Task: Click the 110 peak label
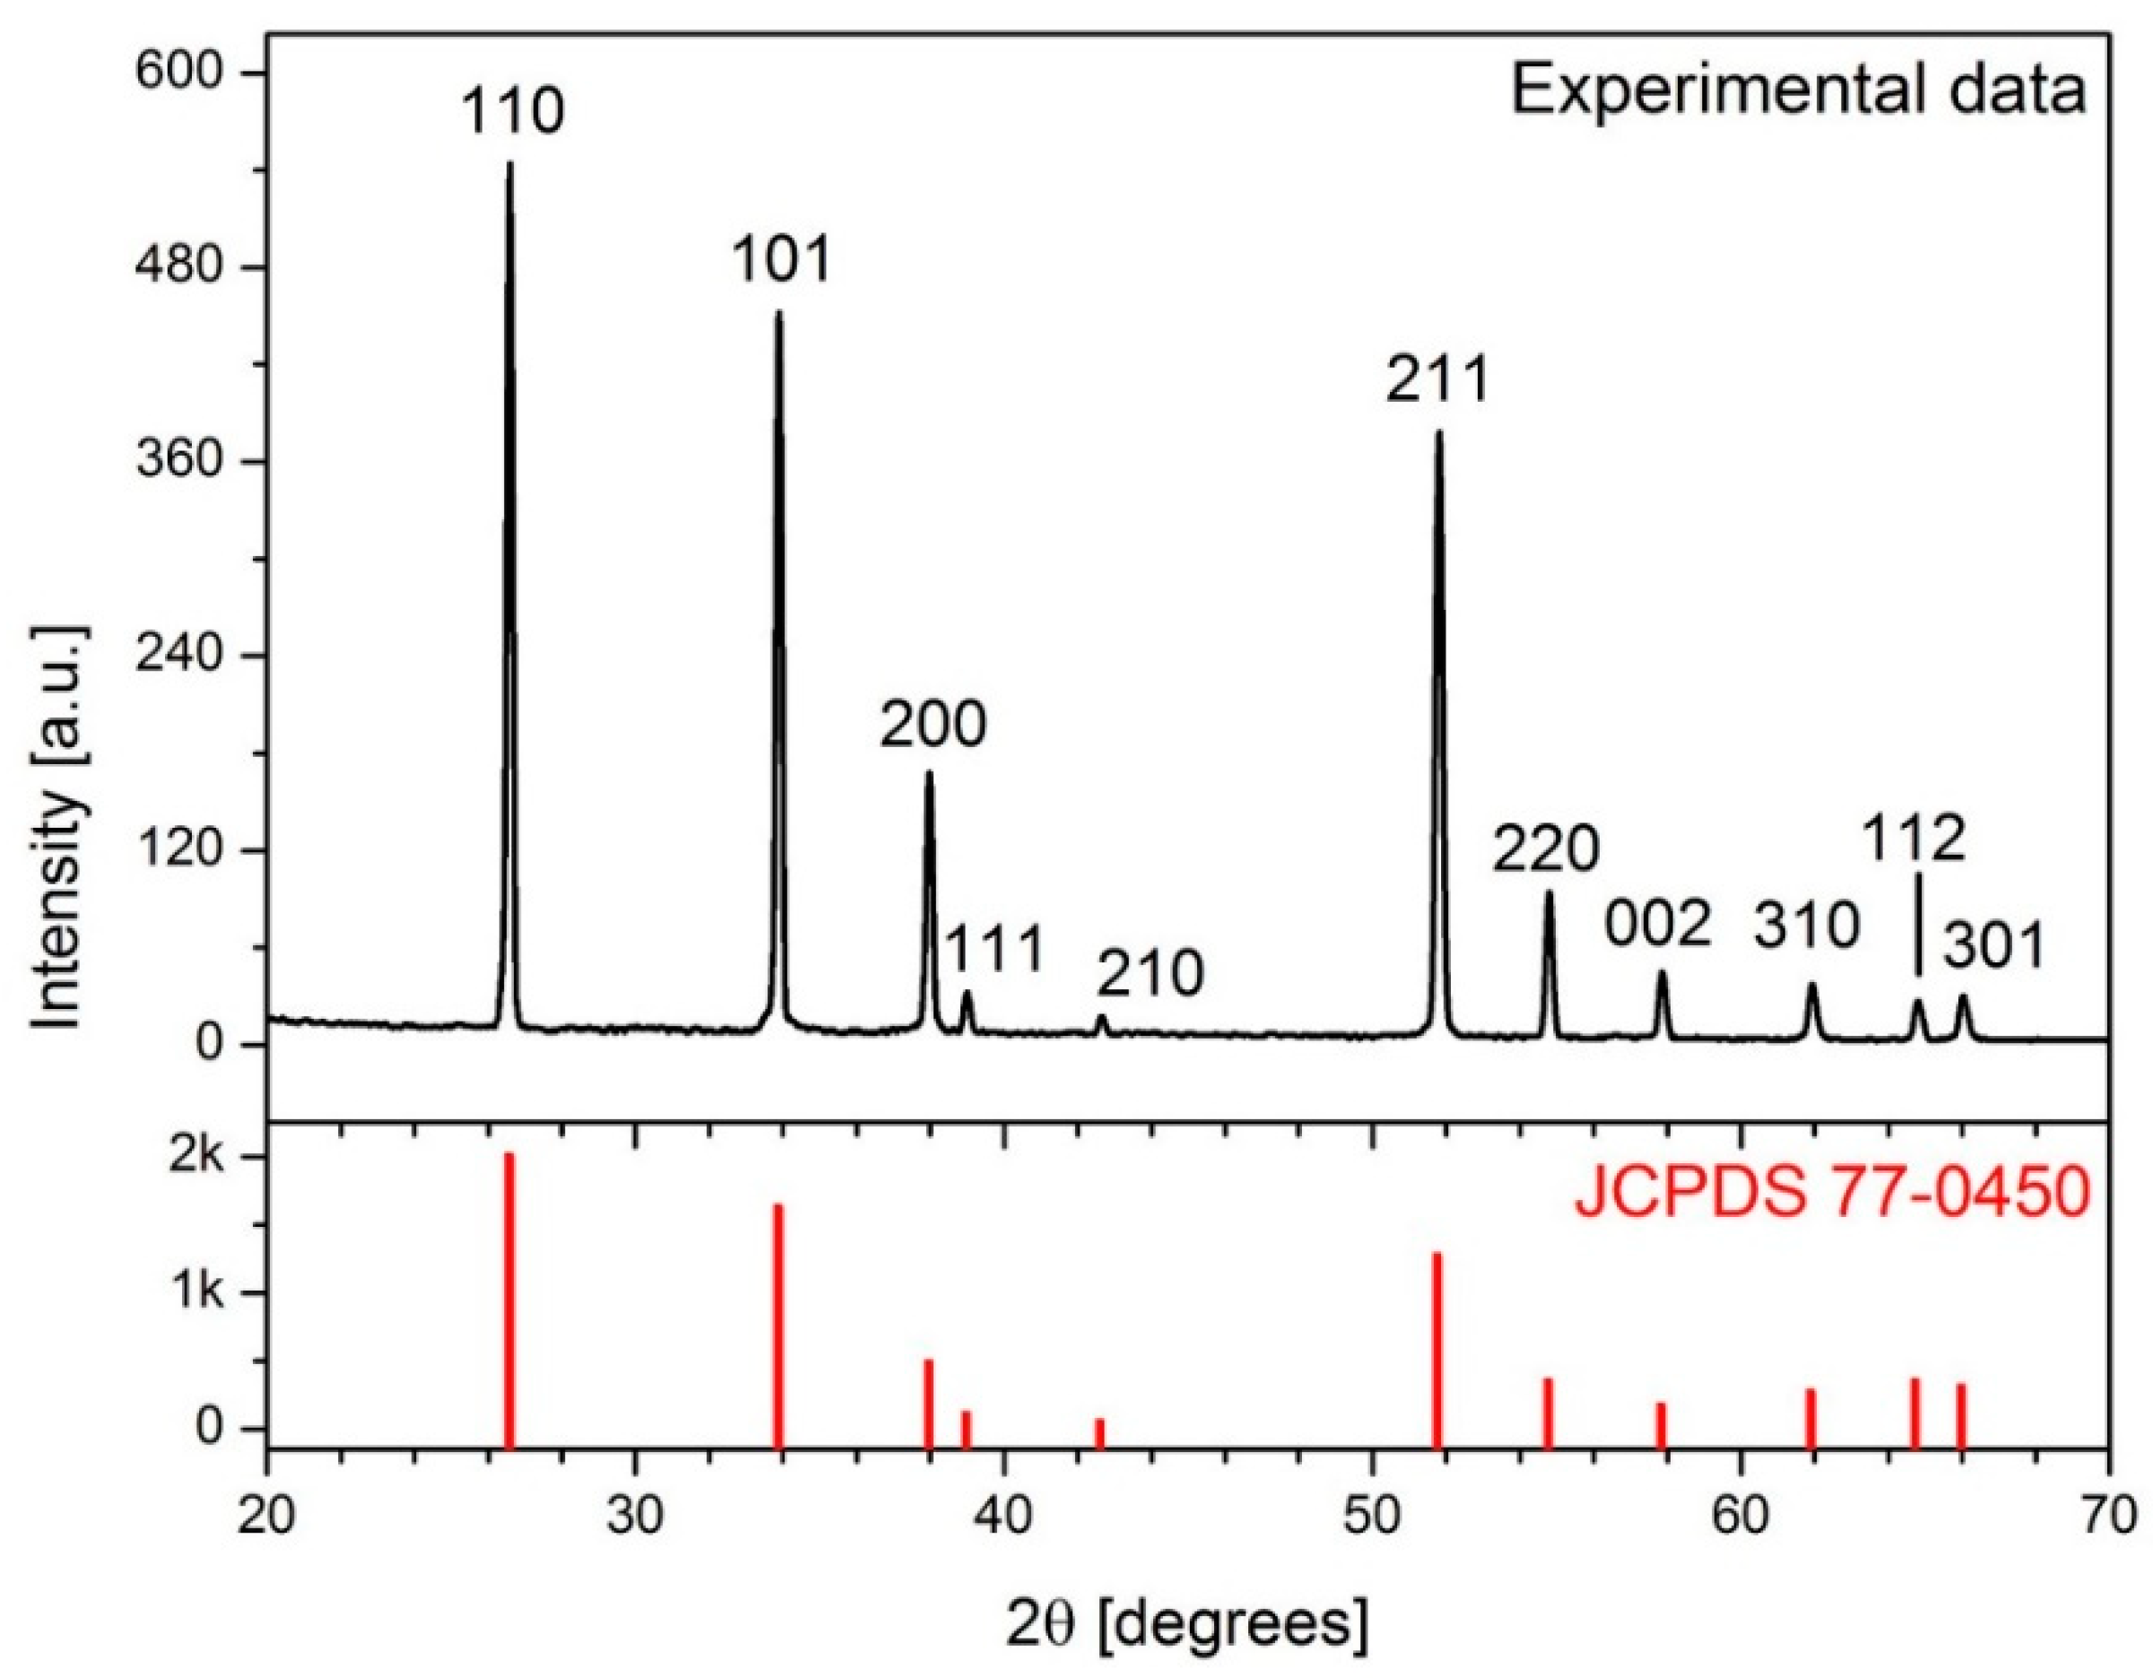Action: click(512, 112)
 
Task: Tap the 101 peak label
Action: click(782, 260)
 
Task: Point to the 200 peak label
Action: click(933, 726)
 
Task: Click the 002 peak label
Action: click(1657, 926)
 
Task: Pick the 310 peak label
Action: click(1806, 926)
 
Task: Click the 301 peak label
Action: click(1994, 947)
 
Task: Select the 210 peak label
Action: click(1150, 974)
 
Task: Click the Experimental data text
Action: click(1799, 91)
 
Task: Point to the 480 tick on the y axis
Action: click(183, 267)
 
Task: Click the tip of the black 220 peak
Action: click(1549, 894)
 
